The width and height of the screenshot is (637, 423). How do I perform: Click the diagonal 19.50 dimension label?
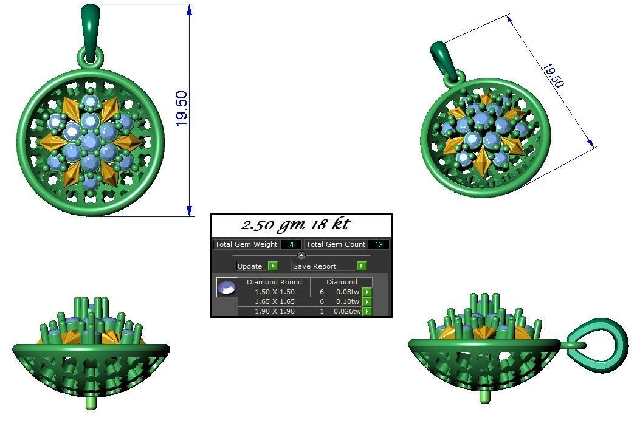(553, 75)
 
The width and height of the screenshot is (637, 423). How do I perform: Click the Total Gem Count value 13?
(379, 244)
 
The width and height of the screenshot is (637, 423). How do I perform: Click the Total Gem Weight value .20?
(291, 244)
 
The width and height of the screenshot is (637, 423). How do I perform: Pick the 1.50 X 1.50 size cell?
(274, 292)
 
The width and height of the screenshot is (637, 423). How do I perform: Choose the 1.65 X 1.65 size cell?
(274, 301)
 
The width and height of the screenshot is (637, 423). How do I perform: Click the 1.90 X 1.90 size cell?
(274, 311)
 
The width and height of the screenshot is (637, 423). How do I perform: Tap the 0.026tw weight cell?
(348, 311)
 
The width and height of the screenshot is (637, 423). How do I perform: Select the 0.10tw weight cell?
(348, 301)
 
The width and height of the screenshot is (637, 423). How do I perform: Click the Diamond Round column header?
(274, 282)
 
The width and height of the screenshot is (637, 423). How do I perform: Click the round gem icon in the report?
(227, 287)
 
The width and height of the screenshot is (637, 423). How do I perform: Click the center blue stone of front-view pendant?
(91, 141)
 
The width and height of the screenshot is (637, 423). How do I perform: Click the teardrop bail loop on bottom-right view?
(602, 343)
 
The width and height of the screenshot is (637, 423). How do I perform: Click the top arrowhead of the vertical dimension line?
(190, 9)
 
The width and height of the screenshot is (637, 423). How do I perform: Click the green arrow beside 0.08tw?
(367, 292)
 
